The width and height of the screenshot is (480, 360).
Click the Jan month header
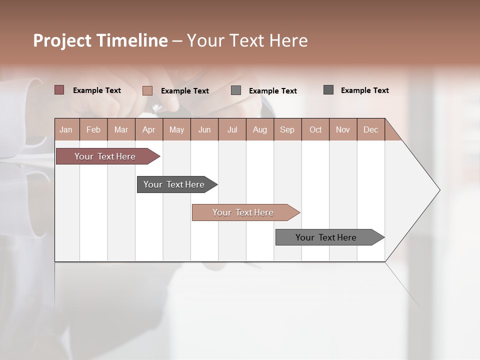point(66,129)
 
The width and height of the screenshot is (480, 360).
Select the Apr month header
point(148,129)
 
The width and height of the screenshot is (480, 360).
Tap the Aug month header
point(259,129)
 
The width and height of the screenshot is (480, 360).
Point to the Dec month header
point(370,129)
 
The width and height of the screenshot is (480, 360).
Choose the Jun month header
point(204,129)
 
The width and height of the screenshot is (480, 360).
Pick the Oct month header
point(315,129)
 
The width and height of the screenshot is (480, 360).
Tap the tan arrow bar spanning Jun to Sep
point(243,212)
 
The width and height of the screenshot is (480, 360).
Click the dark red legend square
point(59,90)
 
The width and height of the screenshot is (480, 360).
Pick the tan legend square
point(147,90)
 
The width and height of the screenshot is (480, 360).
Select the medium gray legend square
point(236,90)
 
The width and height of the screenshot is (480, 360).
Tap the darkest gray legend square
point(328,90)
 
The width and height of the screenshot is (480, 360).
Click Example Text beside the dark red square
point(97,90)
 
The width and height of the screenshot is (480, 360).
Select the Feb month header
point(93,129)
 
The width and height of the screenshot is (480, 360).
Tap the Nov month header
point(342,129)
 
